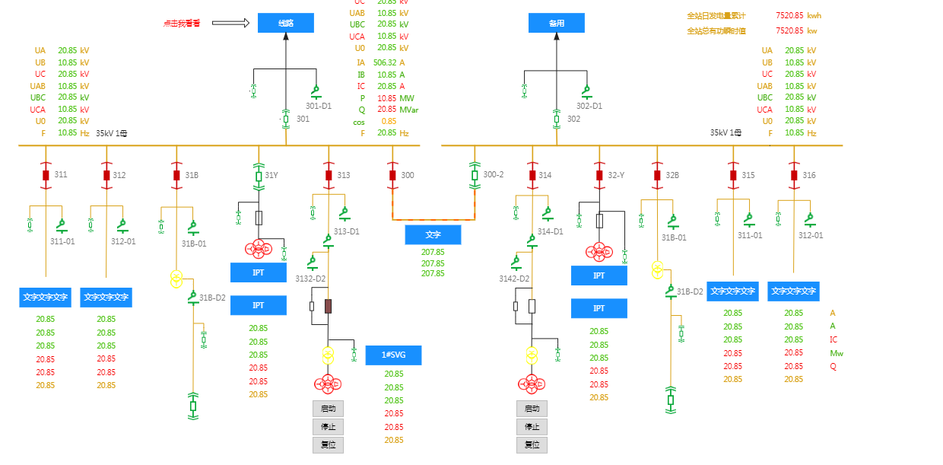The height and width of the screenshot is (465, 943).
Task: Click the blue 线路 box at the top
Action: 285,23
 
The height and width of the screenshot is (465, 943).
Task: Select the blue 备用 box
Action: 556,23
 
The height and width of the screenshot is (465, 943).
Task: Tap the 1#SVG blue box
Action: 393,355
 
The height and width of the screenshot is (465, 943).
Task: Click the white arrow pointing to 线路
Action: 230,23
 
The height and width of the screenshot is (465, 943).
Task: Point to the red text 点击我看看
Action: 182,24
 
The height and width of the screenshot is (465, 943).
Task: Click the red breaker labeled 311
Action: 46,175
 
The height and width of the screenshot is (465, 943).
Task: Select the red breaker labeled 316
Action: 794,175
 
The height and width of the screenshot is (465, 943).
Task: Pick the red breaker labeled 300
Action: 392,175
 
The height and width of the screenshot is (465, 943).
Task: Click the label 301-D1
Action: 319,107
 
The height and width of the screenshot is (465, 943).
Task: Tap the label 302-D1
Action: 589,107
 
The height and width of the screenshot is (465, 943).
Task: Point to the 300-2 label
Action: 494,175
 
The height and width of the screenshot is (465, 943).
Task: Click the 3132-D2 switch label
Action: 310,279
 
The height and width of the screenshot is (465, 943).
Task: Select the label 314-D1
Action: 550,231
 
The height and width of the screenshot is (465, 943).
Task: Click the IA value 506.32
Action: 385,62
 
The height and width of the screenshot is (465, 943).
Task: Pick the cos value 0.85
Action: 389,121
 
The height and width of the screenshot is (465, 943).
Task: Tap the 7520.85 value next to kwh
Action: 789,15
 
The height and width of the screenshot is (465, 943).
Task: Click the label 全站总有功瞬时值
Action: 716,31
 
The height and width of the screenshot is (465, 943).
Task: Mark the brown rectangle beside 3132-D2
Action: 329,306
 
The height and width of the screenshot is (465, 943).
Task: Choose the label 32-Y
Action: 616,175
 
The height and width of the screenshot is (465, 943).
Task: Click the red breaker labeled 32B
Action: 657,175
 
